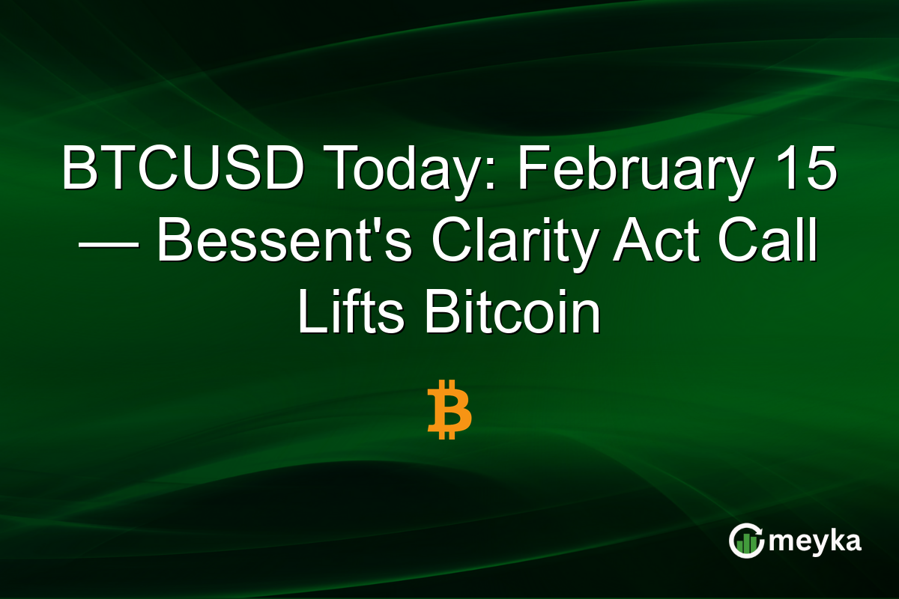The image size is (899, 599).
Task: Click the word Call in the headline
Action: pos(768,244)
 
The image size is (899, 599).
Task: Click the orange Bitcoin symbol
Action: pos(449,410)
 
